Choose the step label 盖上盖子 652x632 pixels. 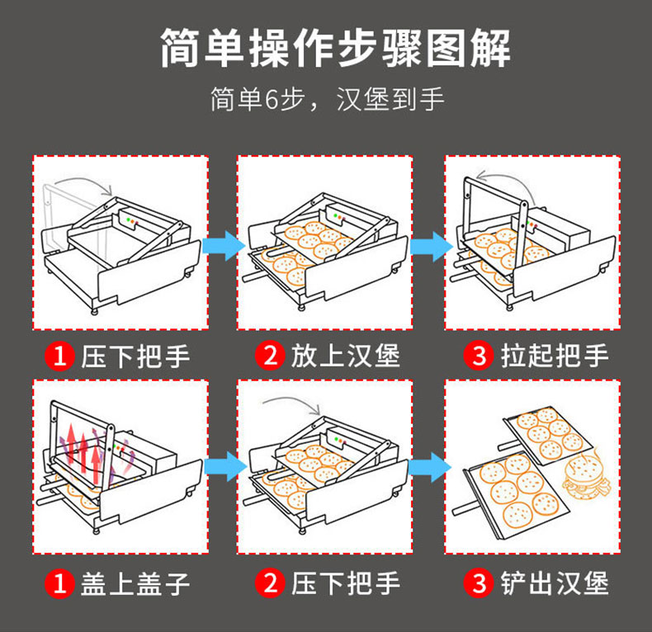pyautogui.click(x=135, y=584)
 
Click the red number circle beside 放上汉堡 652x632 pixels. pyautogui.click(x=270, y=356)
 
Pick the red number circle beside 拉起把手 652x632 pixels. pyautogui.click(x=480, y=356)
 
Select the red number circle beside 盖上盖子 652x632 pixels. pyautogui.click(x=59, y=584)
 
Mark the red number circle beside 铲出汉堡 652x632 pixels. pyautogui.click(x=480, y=584)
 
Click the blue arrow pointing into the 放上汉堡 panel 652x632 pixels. pyautogui.click(x=223, y=245)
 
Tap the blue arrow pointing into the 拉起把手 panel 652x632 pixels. pyautogui.click(x=432, y=245)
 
